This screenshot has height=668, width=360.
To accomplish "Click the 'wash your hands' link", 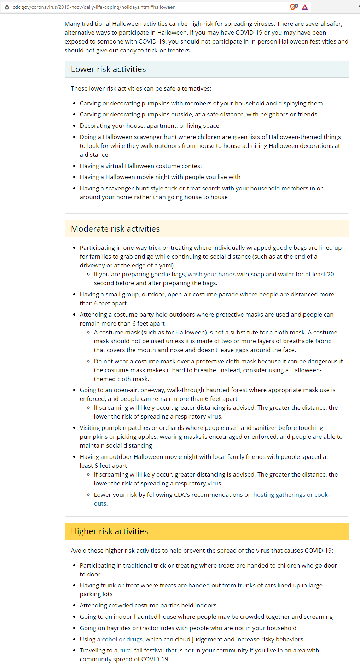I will (x=211, y=274).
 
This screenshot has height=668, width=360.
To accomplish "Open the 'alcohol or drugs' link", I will (x=120, y=639).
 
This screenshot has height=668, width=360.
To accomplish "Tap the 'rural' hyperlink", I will (x=126, y=650).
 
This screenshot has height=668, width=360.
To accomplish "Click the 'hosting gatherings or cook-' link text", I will (x=291, y=495).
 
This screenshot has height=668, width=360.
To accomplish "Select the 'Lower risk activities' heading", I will (x=108, y=69).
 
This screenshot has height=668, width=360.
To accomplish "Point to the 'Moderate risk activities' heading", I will (x=115, y=229).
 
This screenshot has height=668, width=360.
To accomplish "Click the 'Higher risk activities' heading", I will (x=109, y=531).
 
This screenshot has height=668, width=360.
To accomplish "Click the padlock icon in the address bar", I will (x=7, y=7).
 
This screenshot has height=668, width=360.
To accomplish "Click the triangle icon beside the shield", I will (x=305, y=7).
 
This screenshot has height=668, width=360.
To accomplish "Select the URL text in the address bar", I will (x=94, y=7).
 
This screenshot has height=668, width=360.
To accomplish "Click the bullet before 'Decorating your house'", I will (x=74, y=126).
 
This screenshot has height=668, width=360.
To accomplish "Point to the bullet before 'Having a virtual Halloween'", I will (x=74, y=166).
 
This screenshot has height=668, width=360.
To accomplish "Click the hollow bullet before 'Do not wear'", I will (x=88, y=361).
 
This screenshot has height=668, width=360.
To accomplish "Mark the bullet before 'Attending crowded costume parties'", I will (x=74, y=606).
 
